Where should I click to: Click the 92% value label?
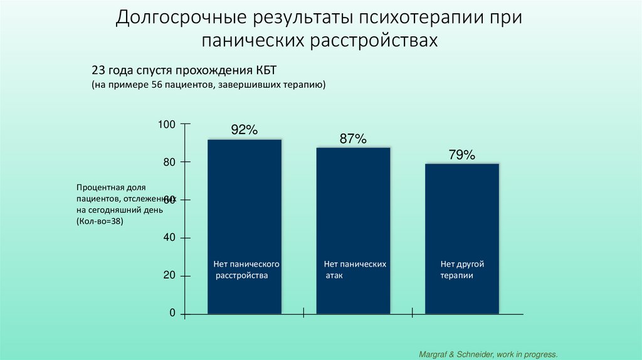point(245,130)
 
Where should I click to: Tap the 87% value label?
point(353,139)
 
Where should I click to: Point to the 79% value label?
point(461,155)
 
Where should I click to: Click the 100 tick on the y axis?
point(166,124)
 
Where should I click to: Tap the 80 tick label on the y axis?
point(169,162)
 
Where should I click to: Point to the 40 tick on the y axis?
point(169,238)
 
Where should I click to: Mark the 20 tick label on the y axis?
point(169,276)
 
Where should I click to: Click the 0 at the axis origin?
point(172,314)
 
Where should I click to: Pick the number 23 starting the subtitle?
point(100,69)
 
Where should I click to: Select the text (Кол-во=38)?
point(100,222)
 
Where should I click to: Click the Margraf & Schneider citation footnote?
point(488,354)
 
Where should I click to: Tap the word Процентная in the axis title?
point(99,188)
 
